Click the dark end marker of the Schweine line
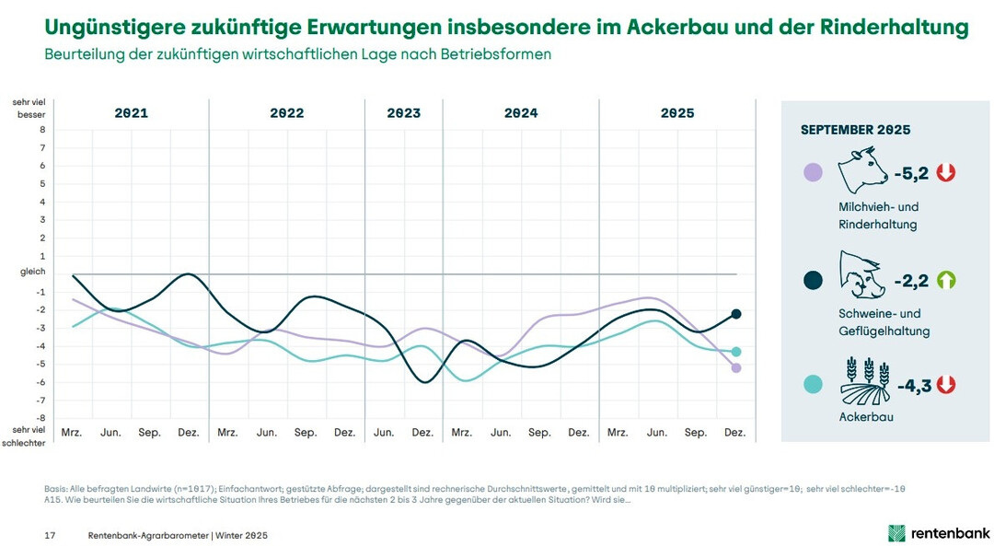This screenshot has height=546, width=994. point(735,314)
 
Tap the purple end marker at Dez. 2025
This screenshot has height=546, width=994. point(735,368)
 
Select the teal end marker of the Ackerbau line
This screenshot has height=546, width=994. point(735,352)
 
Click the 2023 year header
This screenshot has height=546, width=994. point(403,113)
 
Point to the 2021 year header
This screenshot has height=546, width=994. point(131,113)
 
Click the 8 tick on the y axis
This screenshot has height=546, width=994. point(41,130)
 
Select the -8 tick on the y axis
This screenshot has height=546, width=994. point(40,418)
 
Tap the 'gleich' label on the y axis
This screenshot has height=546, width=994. point(32,273)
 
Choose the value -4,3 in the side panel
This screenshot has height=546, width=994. point(914,385)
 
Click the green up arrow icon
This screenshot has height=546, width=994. point(946,280)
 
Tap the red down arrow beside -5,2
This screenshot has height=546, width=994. point(946,172)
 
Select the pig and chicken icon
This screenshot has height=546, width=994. point(861,275)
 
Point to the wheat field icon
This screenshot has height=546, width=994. point(863,381)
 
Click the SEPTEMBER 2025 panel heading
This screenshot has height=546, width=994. point(855,130)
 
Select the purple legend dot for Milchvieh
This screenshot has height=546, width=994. point(813,172)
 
